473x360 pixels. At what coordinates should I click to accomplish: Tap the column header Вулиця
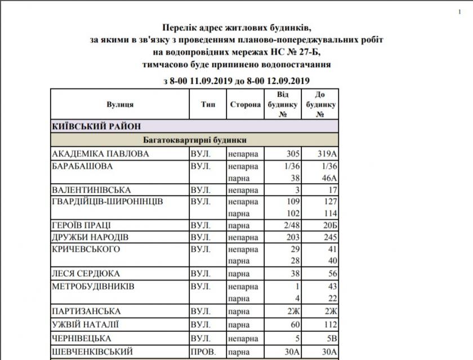coord(120,105)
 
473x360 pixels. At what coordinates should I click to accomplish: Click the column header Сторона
coord(245,105)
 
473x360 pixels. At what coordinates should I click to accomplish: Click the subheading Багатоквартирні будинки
coord(194,140)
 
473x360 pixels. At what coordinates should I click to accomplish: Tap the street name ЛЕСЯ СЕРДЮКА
coord(86,274)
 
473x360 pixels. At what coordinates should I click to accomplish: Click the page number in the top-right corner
coord(460,11)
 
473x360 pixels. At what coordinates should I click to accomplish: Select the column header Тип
coord(207,105)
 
